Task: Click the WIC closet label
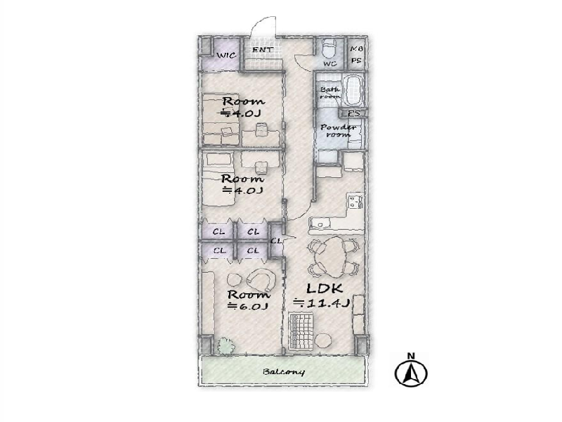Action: [x=226, y=56]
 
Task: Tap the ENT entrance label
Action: [x=263, y=49]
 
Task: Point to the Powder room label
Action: [x=338, y=131]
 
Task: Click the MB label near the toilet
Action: [x=355, y=49]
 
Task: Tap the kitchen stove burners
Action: [x=355, y=202]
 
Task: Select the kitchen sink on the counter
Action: [x=320, y=224]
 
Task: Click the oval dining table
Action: [x=334, y=256]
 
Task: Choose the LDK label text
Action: [x=325, y=288]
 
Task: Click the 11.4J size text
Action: [x=322, y=304]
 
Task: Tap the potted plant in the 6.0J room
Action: [x=226, y=345]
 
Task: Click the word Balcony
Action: [x=284, y=372]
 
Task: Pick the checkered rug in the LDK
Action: [x=301, y=331]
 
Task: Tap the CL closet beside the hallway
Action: [x=276, y=241]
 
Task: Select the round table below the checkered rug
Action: [x=323, y=340]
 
